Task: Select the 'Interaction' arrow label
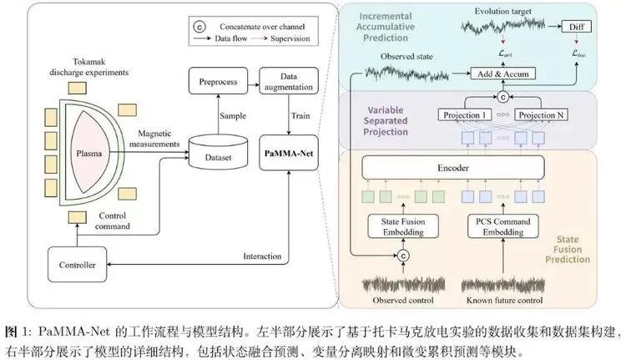tap(261, 256)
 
